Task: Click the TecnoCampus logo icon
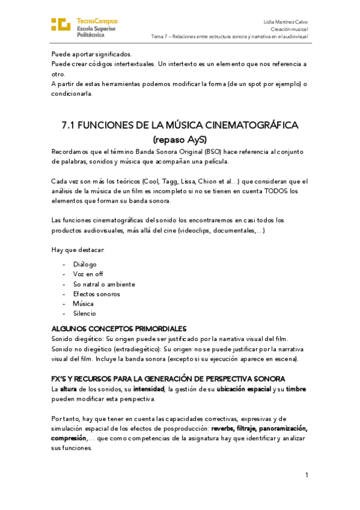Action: (61, 25)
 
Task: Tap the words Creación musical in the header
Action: (290, 29)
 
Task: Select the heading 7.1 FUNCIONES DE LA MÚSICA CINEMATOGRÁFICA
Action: (180, 125)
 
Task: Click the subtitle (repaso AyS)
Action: (180, 140)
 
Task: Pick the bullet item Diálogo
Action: (85, 264)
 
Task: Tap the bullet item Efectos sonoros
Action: (96, 293)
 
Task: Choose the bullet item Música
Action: (84, 303)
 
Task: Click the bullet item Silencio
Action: (85, 313)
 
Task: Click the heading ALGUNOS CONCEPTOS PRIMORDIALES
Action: (119, 328)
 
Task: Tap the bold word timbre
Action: (296, 389)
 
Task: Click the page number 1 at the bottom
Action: (307, 475)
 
